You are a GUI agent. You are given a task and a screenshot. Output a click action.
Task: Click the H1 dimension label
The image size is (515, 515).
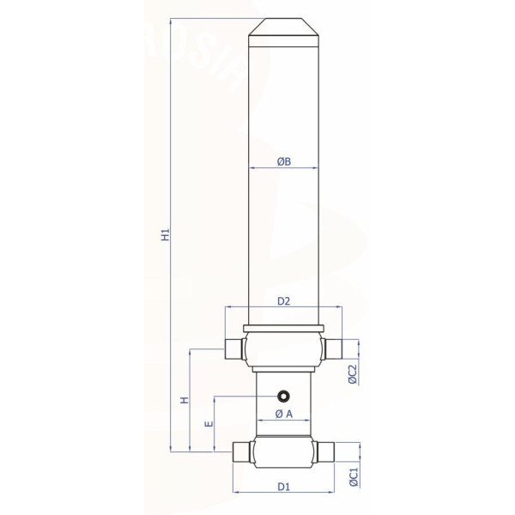(167, 234)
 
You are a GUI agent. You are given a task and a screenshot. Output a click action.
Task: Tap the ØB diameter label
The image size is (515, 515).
(284, 161)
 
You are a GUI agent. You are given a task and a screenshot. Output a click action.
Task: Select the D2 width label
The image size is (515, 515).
(284, 301)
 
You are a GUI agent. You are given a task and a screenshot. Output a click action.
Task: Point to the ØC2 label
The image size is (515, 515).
(352, 374)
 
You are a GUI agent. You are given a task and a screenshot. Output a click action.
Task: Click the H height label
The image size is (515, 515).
(185, 400)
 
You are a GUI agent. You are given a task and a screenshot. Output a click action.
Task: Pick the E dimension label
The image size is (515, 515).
(209, 424)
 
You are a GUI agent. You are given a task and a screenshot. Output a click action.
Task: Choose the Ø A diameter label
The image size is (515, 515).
(284, 414)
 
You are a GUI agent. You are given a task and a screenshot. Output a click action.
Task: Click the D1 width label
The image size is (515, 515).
(284, 487)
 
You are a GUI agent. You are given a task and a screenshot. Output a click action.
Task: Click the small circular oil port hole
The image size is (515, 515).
(283, 396)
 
